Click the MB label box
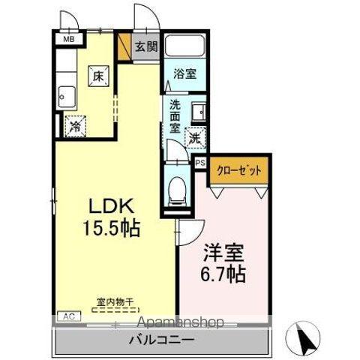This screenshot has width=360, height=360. coord(67,39)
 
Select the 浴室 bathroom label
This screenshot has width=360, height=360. coord(184,74)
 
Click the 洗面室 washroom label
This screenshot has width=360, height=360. coord(174,115)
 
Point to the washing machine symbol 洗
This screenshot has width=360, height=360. coord(194,137)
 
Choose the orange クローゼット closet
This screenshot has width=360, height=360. coord(239,171)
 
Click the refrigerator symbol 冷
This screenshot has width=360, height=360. coord(75,127)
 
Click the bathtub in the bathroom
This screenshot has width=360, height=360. coord(184,47)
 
